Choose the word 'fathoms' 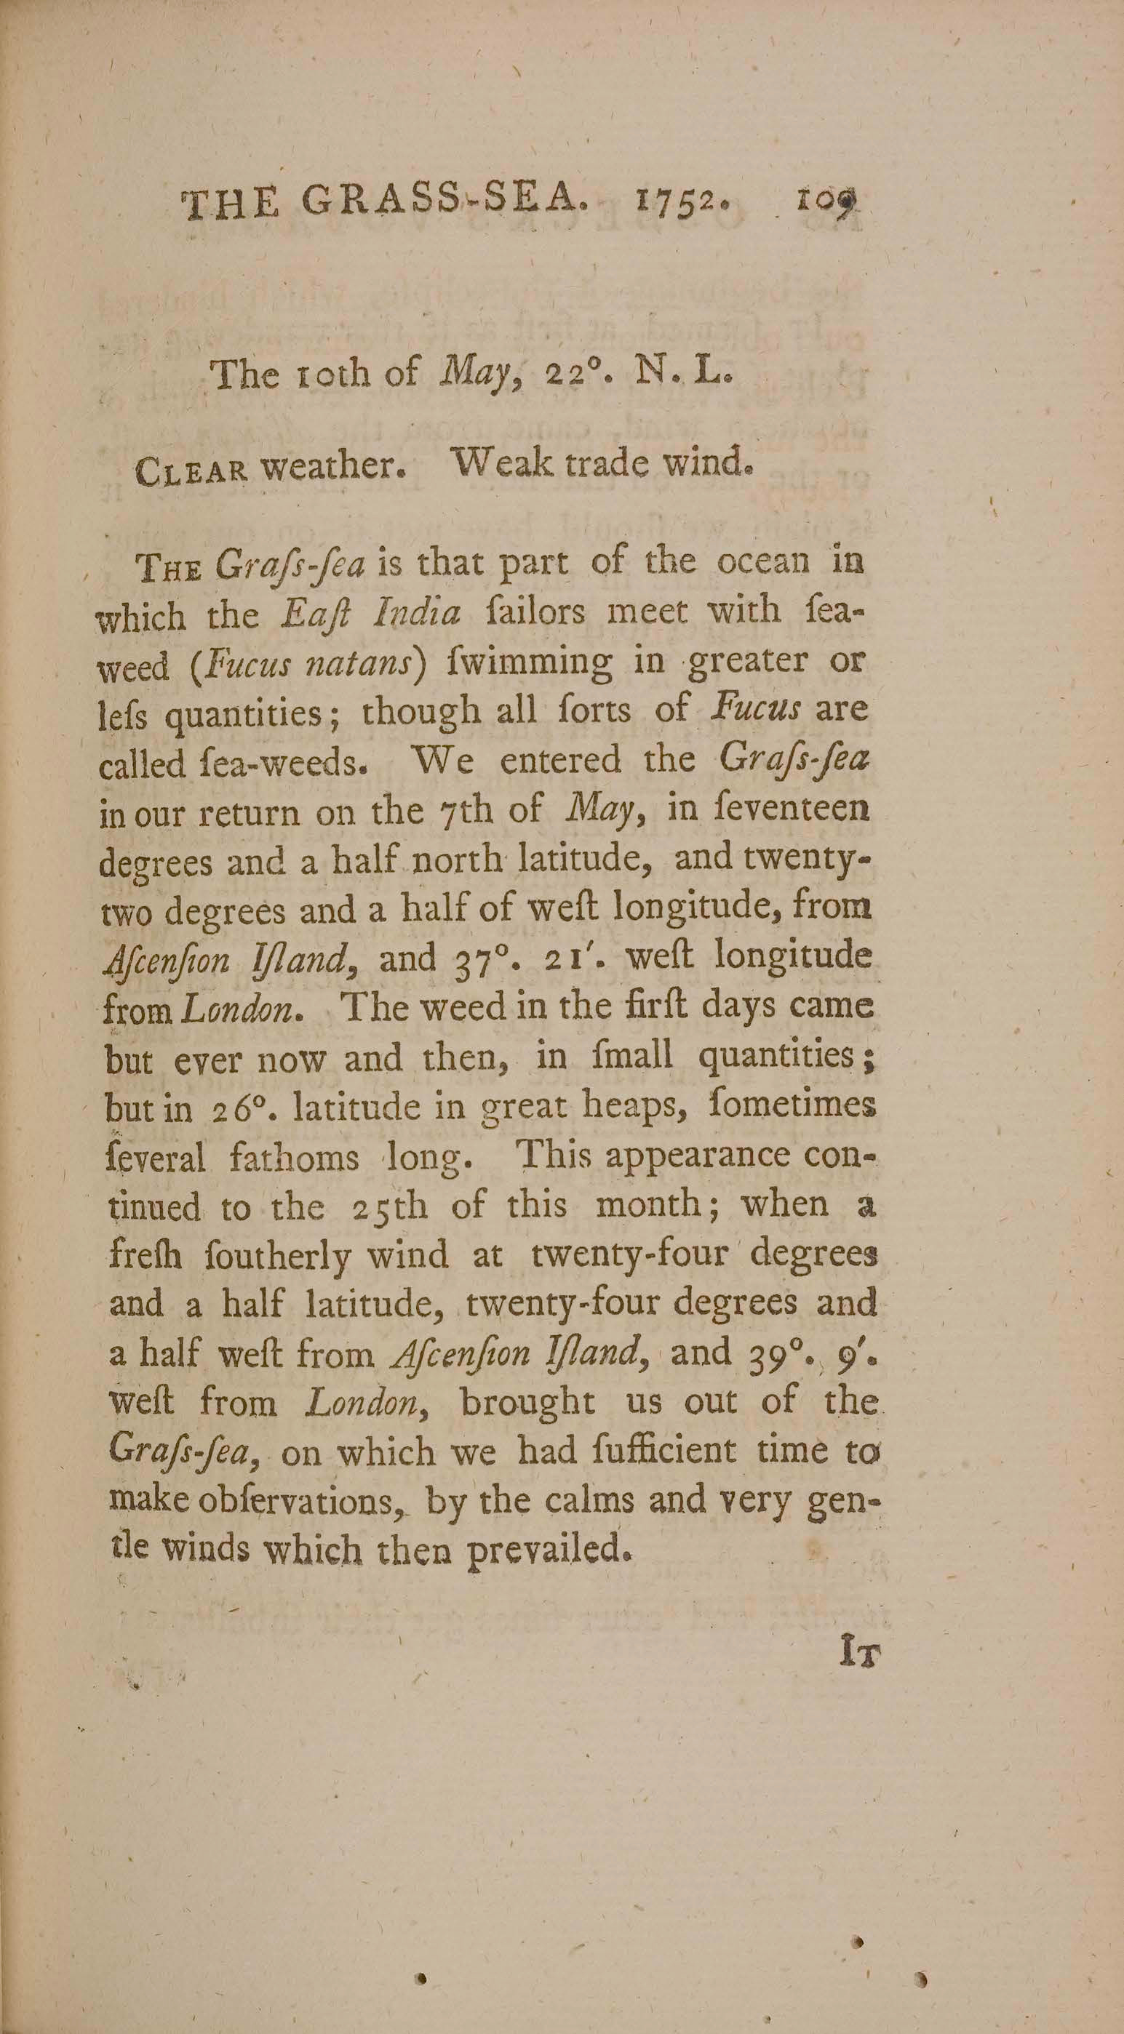tap(294, 1159)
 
